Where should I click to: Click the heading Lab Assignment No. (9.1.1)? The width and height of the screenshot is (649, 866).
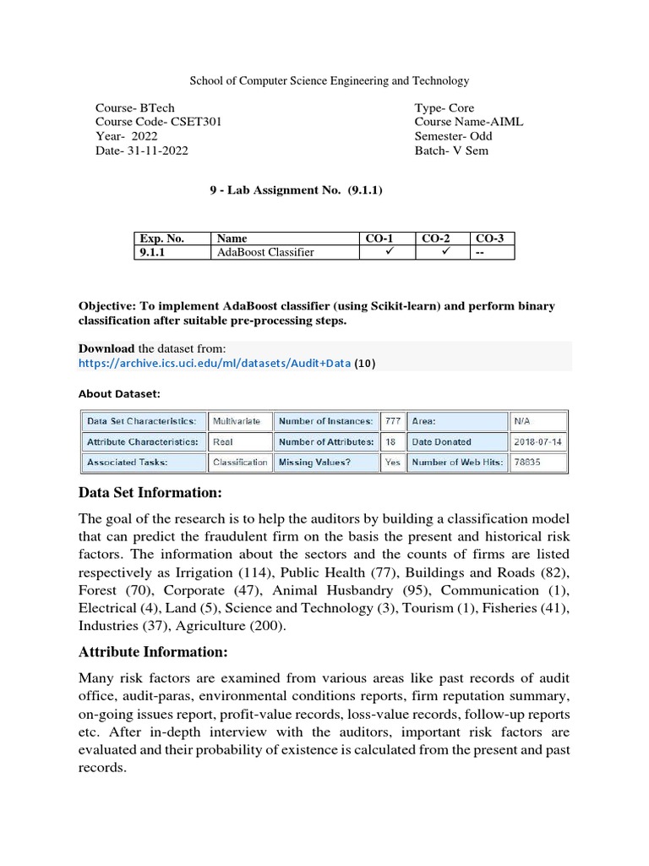click(x=297, y=190)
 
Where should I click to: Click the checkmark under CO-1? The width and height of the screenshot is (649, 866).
click(x=390, y=251)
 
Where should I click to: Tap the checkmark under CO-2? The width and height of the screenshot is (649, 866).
click(x=445, y=251)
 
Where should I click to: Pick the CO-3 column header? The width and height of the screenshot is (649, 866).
click(x=489, y=238)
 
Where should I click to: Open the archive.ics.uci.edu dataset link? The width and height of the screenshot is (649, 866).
click(x=214, y=364)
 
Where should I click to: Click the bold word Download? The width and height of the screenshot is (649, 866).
click(x=106, y=348)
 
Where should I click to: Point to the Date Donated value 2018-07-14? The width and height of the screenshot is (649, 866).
click(x=537, y=441)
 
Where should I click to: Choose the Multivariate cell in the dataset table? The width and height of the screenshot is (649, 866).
click(x=237, y=420)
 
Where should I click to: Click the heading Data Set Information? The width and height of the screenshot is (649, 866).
click(x=150, y=493)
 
